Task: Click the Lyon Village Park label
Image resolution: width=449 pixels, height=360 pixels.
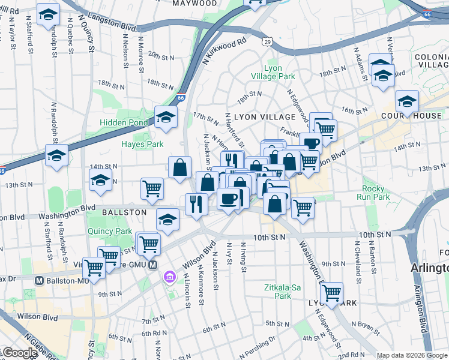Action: [x=279, y=72]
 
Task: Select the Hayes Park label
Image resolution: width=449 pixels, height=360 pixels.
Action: [x=142, y=144]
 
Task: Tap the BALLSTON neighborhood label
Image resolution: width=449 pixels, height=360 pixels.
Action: [x=124, y=212]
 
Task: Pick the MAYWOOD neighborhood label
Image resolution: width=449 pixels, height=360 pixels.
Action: [x=194, y=3]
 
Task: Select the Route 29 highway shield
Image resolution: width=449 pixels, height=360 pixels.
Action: [x=267, y=41]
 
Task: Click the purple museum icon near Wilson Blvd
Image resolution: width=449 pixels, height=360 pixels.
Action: [x=170, y=277]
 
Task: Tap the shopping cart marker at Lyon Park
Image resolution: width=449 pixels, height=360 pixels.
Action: [x=331, y=293]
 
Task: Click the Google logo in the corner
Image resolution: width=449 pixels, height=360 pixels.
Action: [x=19, y=353]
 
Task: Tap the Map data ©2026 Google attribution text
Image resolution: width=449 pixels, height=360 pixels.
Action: [x=412, y=355]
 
